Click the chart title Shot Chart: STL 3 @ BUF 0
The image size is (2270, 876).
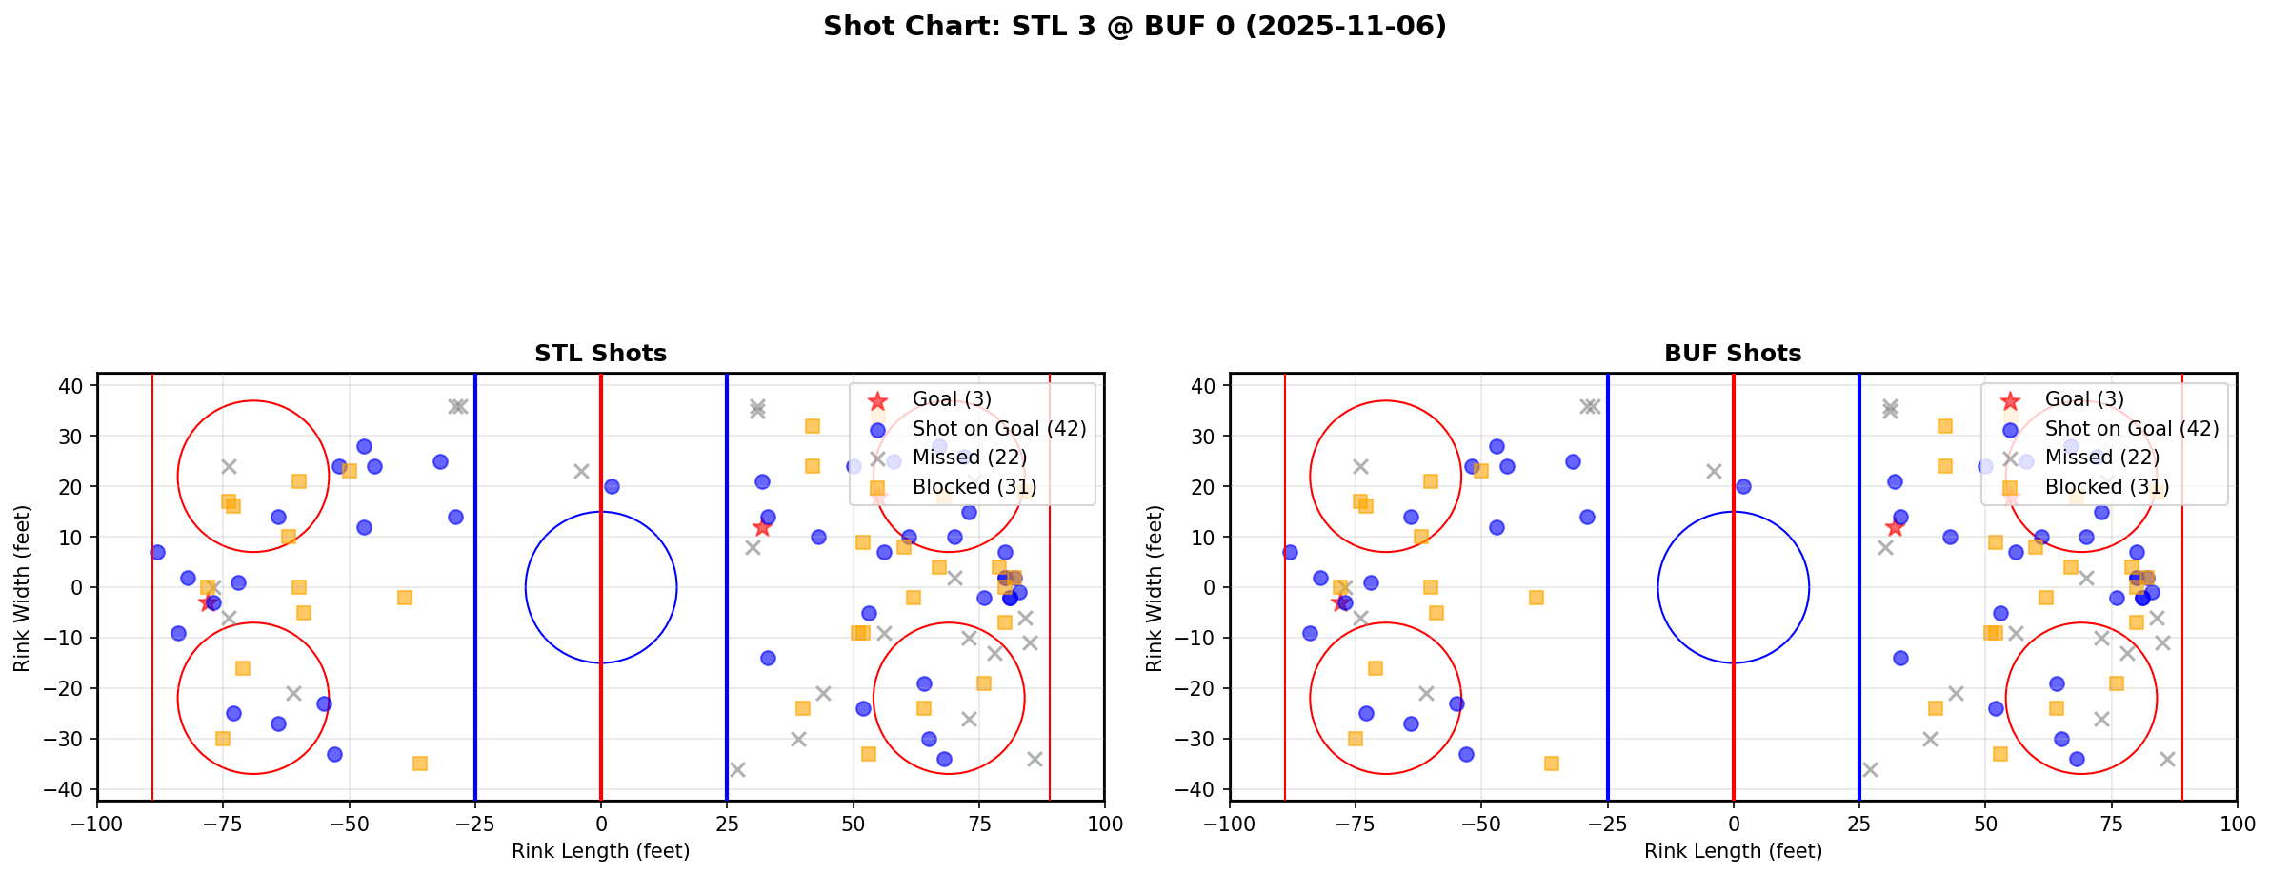1135,27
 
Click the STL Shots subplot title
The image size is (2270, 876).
600,354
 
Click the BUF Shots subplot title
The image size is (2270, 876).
1733,354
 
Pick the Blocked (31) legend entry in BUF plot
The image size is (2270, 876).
2106,487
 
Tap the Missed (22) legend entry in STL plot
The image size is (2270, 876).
969,458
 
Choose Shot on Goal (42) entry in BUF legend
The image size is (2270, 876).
2131,429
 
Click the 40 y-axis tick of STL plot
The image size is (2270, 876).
77,386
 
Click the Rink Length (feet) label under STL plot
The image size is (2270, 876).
600,851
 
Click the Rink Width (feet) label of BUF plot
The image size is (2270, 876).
1155,588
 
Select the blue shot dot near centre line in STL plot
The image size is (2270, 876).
612,486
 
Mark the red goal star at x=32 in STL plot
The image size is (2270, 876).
762,527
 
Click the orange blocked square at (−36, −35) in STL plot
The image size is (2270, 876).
420,764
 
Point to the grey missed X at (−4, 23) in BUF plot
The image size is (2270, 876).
1714,471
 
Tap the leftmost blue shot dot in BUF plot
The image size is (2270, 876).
1290,552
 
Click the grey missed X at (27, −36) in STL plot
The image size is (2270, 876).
737,769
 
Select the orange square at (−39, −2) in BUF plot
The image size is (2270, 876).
1537,598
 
